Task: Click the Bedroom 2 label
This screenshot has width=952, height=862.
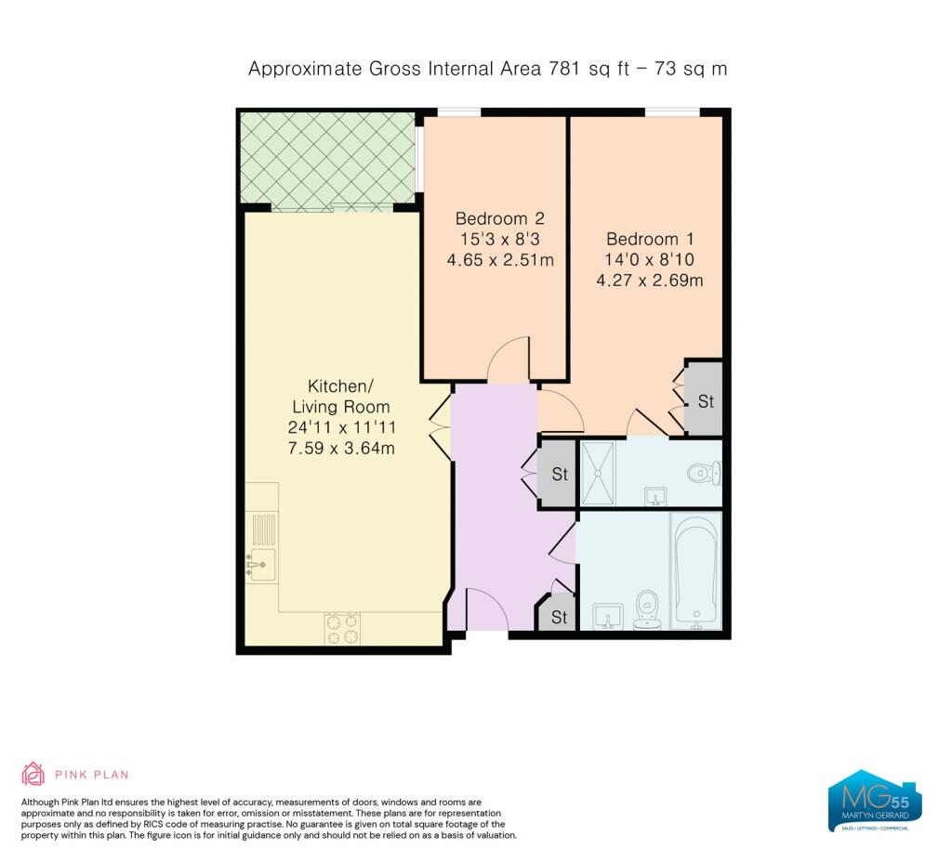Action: [499, 218]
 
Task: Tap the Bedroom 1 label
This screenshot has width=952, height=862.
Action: [650, 239]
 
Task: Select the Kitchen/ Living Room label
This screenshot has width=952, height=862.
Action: [340, 396]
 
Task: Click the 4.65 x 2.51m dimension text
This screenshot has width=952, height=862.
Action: [500, 260]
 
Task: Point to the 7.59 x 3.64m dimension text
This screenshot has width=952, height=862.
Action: [341, 449]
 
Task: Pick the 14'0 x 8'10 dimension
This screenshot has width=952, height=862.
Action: [649, 260]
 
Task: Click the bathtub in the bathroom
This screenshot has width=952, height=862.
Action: [695, 571]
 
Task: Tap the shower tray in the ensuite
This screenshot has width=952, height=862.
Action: [598, 473]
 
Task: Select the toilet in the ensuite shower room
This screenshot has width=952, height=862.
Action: [705, 473]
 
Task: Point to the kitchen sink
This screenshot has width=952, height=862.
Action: [262, 564]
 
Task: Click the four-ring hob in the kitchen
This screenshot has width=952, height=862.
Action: [342, 629]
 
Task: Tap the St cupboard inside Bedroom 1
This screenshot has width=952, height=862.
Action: [704, 399]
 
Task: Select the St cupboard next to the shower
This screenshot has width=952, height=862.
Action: [558, 473]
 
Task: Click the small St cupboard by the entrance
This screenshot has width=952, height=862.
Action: [557, 615]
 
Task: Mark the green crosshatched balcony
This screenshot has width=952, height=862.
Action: [328, 158]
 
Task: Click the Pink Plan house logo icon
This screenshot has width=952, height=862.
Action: [33, 774]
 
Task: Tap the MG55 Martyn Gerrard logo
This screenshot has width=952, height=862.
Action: [875, 802]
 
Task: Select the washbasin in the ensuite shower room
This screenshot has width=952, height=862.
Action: [655, 496]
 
